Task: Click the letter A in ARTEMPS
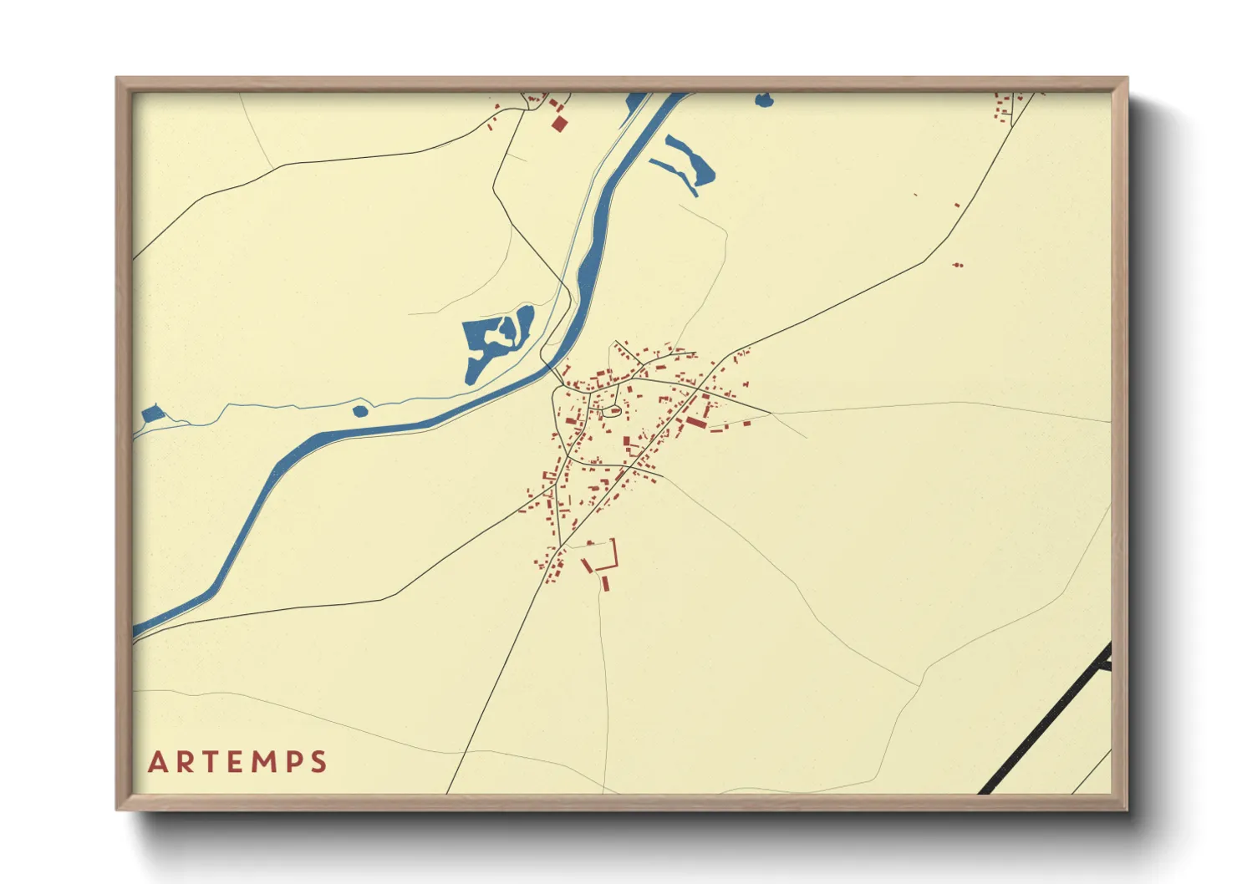158,762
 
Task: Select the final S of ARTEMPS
318,762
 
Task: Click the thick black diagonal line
1045,719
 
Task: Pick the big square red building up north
559,124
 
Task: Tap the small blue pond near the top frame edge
764,100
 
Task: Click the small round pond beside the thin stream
360,410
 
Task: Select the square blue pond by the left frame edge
150,413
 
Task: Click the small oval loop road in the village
611,409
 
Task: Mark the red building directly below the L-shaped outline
606,583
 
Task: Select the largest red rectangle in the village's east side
696,424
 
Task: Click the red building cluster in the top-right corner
1003,107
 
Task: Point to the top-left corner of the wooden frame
117,79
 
